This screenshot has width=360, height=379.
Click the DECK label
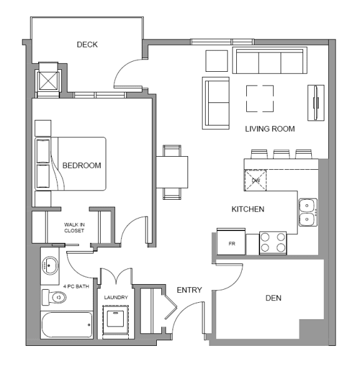(x=87, y=44)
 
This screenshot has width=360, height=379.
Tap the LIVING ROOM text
(x=269, y=129)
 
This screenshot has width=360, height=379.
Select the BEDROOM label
(x=81, y=165)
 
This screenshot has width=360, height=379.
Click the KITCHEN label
(x=247, y=209)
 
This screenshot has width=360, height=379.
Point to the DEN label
(x=272, y=298)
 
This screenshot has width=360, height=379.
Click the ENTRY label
(x=189, y=290)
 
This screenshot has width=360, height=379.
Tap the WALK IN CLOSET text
(x=74, y=227)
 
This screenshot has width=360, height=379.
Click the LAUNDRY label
(x=116, y=298)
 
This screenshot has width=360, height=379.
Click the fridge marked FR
(x=231, y=243)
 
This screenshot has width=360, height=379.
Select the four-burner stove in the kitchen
(x=272, y=243)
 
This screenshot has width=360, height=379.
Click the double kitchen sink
(x=307, y=212)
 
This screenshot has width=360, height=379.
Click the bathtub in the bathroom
(x=66, y=325)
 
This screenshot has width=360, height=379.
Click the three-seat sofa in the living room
(x=269, y=61)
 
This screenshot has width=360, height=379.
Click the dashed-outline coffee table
(x=259, y=98)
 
